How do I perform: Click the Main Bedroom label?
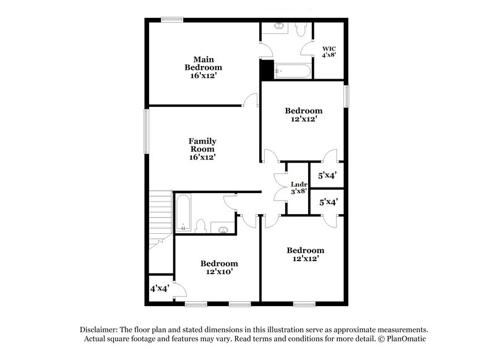point(203,67)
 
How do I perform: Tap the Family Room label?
point(202,149)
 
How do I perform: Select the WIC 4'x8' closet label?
point(329,52)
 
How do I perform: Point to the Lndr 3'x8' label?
point(299,187)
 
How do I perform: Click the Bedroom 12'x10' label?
point(219,267)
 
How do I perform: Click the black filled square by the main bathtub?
point(267,69)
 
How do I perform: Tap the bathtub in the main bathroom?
point(291,72)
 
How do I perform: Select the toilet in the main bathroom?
point(301,29)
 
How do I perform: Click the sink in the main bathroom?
point(279,27)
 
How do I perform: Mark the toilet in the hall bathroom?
point(201,226)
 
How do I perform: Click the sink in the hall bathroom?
point(222,229)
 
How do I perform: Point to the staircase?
point(160,220)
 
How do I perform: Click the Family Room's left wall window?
point(147,130)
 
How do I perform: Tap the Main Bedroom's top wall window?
point(171,20)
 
